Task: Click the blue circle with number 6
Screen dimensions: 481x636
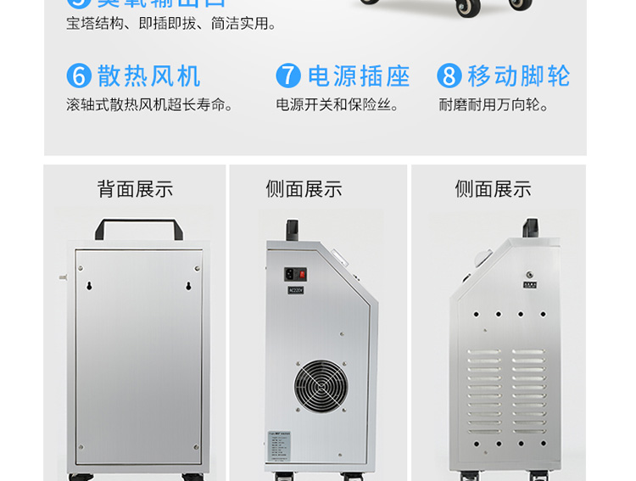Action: (79, 76)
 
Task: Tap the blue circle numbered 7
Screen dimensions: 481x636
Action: (288, 76)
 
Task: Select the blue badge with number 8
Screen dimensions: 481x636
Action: (449, 76)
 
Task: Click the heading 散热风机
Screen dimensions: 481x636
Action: (149, 76)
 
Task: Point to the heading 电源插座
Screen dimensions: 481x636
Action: (359, 76)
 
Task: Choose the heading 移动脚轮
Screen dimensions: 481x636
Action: (519, 76)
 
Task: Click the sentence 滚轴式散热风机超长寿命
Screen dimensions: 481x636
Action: (150, 105)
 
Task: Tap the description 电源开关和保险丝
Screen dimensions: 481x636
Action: (338, 105)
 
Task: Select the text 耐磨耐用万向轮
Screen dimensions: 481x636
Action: (494, 105)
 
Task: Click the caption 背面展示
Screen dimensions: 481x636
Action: (135, 188)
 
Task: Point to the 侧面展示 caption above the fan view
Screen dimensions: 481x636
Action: (304, 188)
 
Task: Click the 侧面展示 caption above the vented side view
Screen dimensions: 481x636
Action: (493, 188)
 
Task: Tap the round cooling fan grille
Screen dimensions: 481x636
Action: (321, 387)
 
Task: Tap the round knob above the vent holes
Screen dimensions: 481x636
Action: (529, 275)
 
